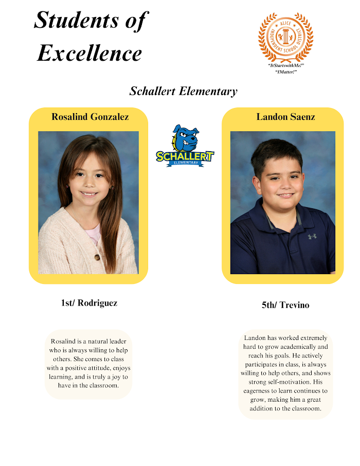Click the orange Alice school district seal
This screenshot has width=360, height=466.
point(285,38)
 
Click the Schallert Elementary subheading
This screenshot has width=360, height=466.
point(184,92)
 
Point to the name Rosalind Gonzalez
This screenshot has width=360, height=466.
point(90,117)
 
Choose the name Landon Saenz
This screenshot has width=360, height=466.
point(285,117)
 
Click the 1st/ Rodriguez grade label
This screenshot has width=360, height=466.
point(89,303)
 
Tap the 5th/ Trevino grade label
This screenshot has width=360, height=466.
point(285,305)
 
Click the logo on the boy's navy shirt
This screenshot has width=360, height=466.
point(312,237)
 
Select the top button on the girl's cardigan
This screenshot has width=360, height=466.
point(96,257)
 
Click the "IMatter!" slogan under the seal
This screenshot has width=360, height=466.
point(286,71)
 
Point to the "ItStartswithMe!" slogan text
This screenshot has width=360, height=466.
point(286,66)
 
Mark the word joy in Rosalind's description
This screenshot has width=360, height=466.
point(111,377)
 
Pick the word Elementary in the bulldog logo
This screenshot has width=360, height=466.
point(186,163)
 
